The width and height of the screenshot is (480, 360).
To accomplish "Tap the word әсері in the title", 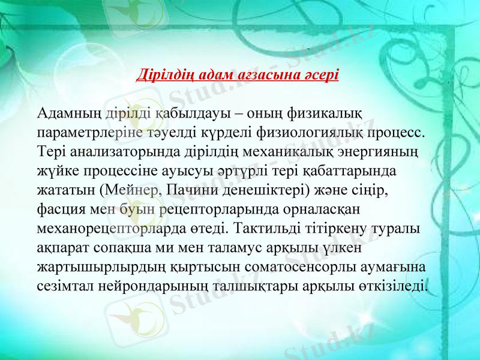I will click(x=321, y=76).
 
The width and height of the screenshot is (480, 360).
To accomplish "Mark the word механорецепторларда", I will click(x=115, y=230).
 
